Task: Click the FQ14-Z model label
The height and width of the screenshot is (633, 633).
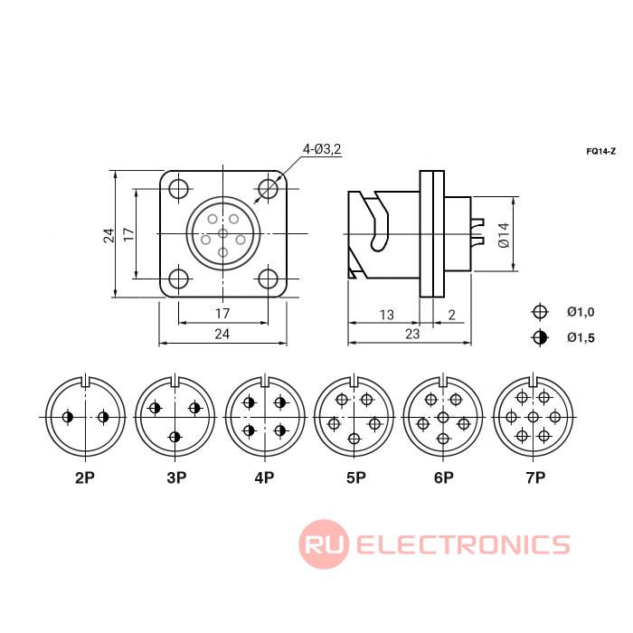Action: pos(600,151)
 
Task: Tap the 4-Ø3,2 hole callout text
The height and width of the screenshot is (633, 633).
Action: pos(322,149)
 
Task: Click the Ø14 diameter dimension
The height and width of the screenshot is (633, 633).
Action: pos(504,234)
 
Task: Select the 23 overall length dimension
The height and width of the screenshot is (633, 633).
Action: pos(412,334)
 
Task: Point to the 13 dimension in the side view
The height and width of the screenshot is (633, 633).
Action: pos(386,315)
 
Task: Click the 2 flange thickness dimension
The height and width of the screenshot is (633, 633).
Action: pos(452,315)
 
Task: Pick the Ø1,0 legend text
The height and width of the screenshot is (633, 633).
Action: pos(581,312)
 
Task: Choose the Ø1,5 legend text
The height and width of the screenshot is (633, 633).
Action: pos(581,337)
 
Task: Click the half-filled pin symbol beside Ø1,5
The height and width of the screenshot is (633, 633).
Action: pos(540,337)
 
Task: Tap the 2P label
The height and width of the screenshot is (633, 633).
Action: pos(85,477)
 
